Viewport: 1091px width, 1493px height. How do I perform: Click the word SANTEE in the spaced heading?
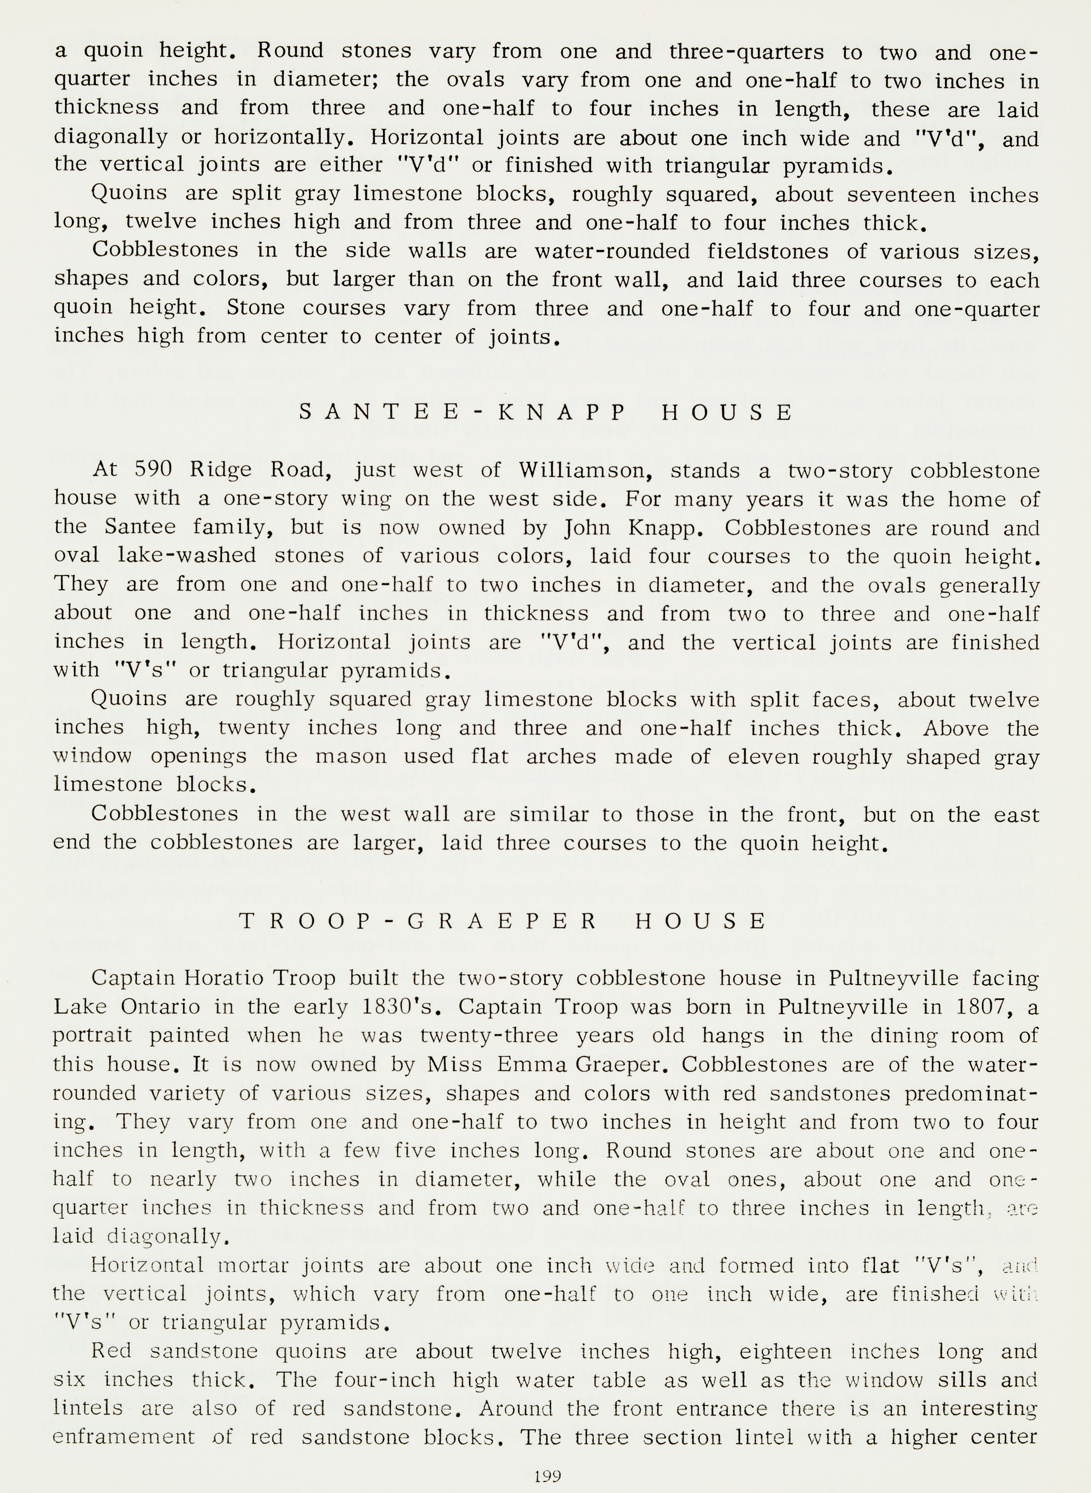tap(380, 413)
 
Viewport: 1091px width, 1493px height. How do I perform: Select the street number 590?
tap(153, 470)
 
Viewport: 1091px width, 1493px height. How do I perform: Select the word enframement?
tap(124, 1438)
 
